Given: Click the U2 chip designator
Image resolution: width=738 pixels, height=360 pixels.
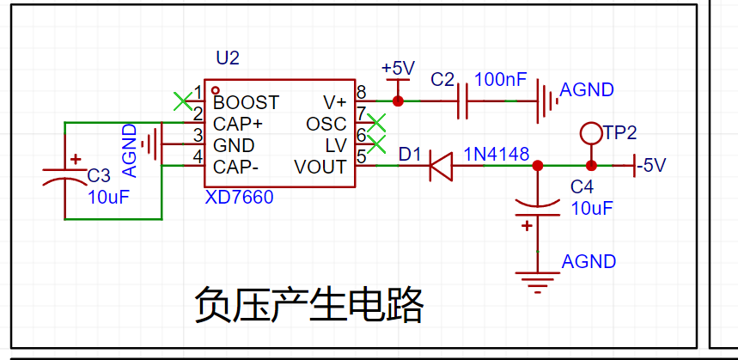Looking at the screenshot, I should pyautogui.click(x=228, y=58).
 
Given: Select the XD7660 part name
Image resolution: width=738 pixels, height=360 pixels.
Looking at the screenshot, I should pyautogui.click(x=239, y=198).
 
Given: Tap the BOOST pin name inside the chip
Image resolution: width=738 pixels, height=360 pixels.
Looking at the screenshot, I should pyautogui.click(x=246, y=102).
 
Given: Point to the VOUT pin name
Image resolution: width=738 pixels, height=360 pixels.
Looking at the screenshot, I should pyautogui.click(x=320, y=166).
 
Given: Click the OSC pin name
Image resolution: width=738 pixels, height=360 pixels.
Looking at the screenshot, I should pyautogui.click(x=326, y=124).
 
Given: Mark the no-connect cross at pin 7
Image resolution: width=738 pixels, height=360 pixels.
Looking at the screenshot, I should pyautogui.click(x=375, y=122).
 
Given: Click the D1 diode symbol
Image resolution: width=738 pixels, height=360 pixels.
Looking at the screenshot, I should pyautogui.click(x=440, y=166).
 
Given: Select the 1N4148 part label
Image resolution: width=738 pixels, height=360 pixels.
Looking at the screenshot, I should pyautogui.click(x=497, y=153).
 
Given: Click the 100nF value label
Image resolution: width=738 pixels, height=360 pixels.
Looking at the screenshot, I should pyautogui.click(x=500, y=80).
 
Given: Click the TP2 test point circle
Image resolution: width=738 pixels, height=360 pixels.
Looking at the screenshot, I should pyautogui.click(x=590, y=132).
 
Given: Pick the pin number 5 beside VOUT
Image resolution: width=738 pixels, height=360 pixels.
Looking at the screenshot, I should pyautogui.click(x=362, y=156).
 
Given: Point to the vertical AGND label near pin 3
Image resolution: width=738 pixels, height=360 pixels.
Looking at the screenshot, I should pyautogui.click(x=130, y=150).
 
